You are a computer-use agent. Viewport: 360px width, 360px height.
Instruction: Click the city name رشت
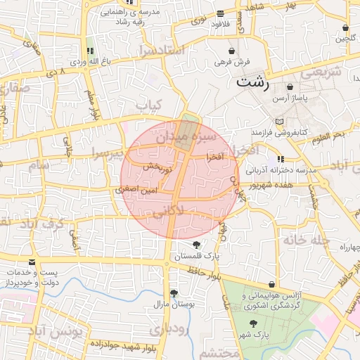[253, 82]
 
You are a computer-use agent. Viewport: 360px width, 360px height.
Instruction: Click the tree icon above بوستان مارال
[174, 293]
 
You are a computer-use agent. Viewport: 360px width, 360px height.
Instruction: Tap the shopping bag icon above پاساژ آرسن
[290, 87]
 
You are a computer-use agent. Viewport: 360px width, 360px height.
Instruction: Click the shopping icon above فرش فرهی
[232, 51]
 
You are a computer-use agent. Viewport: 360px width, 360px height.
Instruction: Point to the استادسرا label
[162, 51]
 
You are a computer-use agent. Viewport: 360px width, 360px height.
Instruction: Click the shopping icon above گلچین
[345, 28]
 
